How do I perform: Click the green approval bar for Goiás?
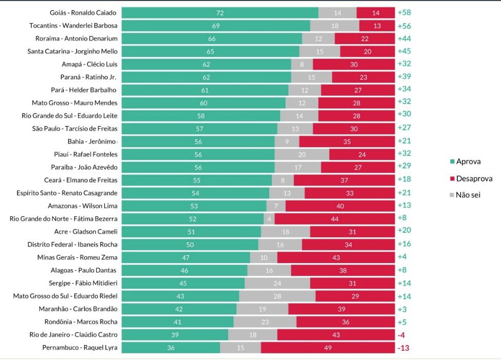tap(220, 13)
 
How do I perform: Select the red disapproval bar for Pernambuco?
tap(327, 348)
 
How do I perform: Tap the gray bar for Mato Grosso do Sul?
tap(277, 296)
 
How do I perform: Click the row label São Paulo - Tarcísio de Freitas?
tap(75, 129)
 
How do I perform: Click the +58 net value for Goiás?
tap(404, 13)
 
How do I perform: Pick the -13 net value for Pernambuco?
tap(404, 348)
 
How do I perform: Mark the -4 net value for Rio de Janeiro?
tap(402, 335)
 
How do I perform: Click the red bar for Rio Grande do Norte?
tap(335, 219)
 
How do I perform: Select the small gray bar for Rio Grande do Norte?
tap(269, 219)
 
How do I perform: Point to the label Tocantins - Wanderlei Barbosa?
tap(74, 26)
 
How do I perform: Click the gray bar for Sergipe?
tap(277, 283)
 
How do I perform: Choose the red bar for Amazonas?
tap(340, 206)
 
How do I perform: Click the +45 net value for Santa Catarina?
tap(404, 52)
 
